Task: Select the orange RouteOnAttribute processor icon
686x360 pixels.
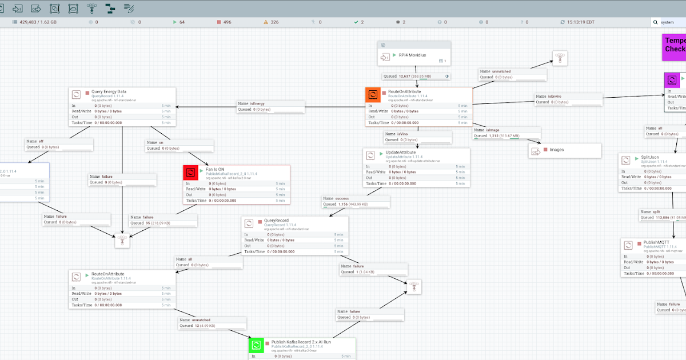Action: tap(373, 95)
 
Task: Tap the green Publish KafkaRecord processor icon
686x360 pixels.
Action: tap(257, 345)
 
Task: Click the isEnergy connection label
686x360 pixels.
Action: tap(271, 106)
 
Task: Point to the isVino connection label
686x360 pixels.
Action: tap(418, 137)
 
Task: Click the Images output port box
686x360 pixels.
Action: tap(564, 151)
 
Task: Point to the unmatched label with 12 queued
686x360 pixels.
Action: tap(213, 323)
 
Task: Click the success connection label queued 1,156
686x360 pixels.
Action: tap(356, 201)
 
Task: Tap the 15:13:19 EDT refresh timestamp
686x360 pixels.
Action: tap(581, 22)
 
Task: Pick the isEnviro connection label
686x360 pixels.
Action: tap(568, 99)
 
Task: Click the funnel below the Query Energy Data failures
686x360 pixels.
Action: tap(122, 241)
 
